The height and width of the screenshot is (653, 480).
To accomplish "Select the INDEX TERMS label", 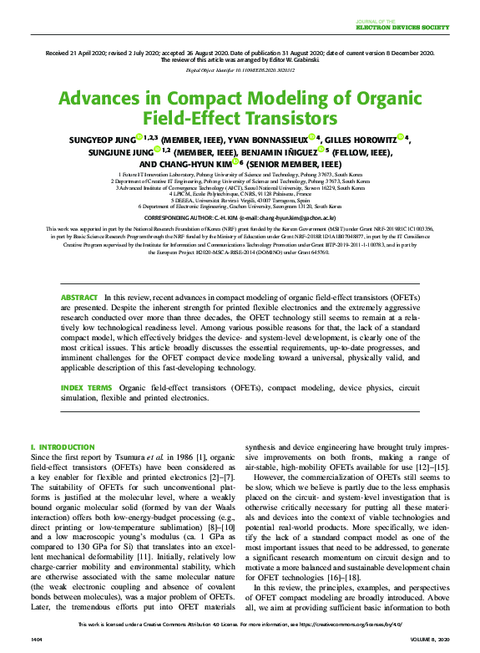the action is click(x=86, y=389).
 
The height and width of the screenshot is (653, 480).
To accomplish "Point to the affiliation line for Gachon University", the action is click(x=240, y=206).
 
